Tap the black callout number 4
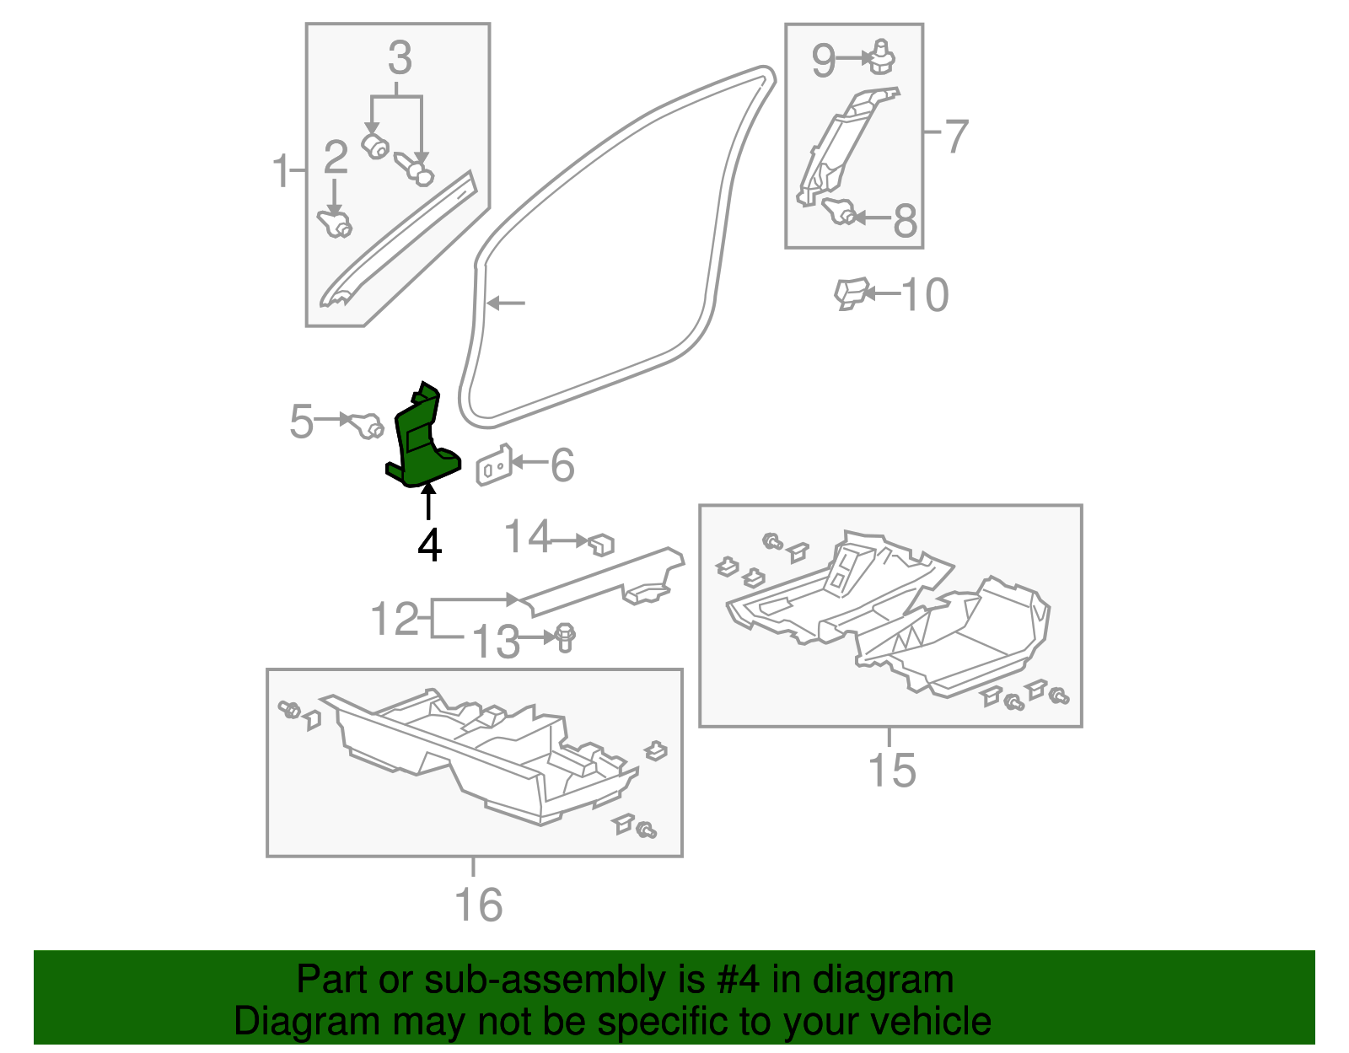coord(430,545)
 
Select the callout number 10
coord(925,295)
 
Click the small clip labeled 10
coord(851,293)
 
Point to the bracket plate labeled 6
coord(494,465)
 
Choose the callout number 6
coord(563,465)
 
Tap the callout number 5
coord(302,422)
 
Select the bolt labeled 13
coord(565,637)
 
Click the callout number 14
coord(528,536)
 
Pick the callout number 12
coord(395,619)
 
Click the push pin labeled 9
coord(881,57)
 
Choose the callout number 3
coord(400,58)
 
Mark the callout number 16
coord(479,905)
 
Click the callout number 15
coord(892,770)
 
